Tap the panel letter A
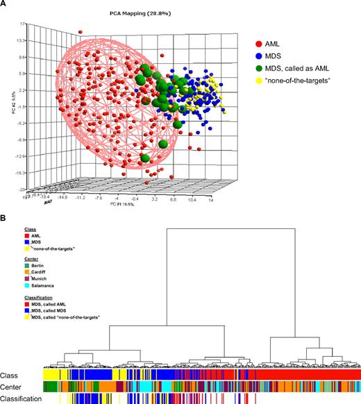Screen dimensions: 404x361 tap(3, 4)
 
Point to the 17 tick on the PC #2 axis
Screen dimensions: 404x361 tap(23, 24)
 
